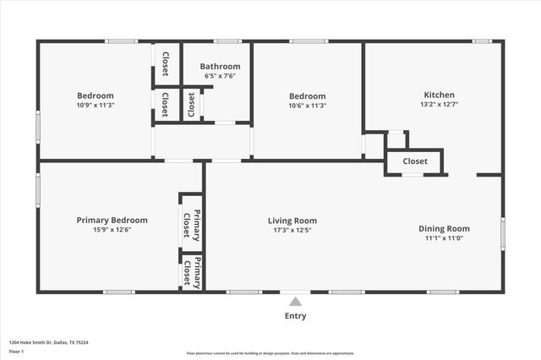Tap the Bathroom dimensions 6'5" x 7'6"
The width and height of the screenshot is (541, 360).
pos(221,76)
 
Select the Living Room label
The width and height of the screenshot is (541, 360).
pos(292,221)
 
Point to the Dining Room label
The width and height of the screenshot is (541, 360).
pos(444,228)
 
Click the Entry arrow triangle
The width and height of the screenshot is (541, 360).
pos(295,301)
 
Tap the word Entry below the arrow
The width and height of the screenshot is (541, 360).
pos(295,316)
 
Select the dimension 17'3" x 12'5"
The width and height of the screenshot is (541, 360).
pos(292,230)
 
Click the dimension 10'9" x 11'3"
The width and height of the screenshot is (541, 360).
pos(96,106)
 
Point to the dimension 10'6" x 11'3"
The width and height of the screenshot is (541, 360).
pos(308,106)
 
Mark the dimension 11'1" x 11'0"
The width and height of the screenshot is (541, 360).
pos(444,238)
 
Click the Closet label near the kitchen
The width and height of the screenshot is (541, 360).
pos(414,161)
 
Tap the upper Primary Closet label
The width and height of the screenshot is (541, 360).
pos(192,223)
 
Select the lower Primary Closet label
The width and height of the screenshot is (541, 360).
pos(192,270)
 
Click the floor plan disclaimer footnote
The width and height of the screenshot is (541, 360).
pos(270,353)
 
